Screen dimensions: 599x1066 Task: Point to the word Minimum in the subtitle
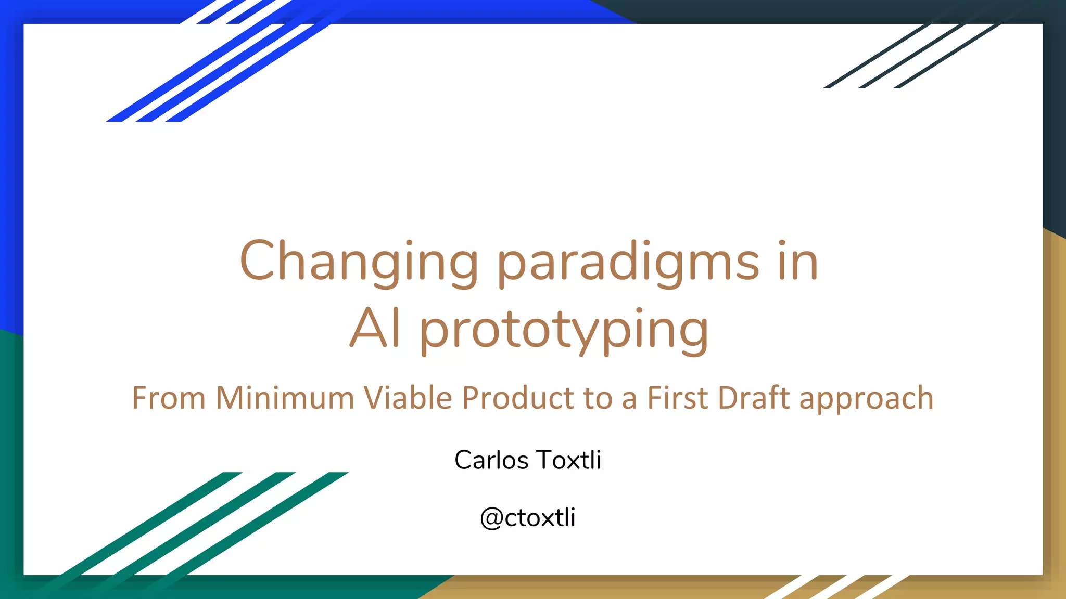click(285, 398)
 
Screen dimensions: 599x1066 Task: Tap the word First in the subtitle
click(678, 398)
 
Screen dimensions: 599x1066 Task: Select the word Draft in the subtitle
click(754, 398)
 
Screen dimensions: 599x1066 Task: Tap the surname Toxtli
click(569, 460)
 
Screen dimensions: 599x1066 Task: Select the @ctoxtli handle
click(528, 518)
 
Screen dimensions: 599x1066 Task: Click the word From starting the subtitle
click(169, 398)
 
